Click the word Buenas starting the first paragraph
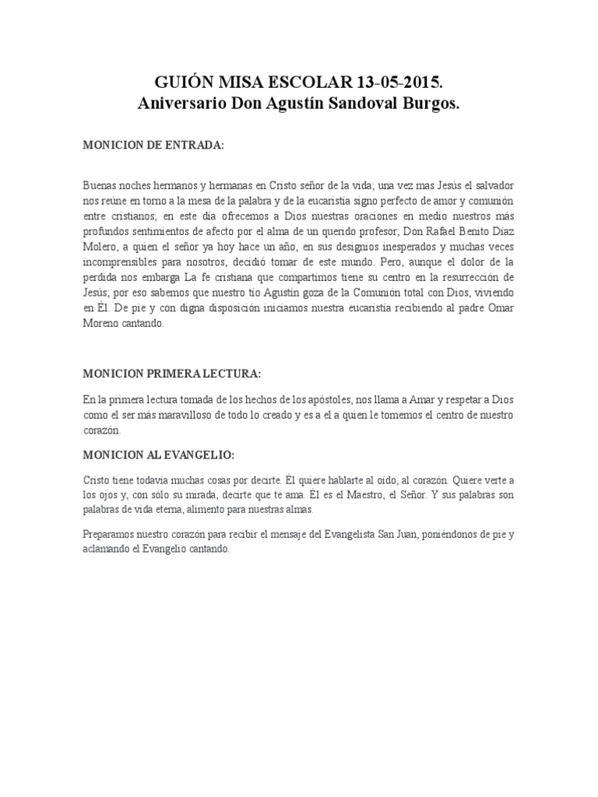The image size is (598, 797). tap(100, 186)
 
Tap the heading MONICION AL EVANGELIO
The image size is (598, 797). tap(158, 454)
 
